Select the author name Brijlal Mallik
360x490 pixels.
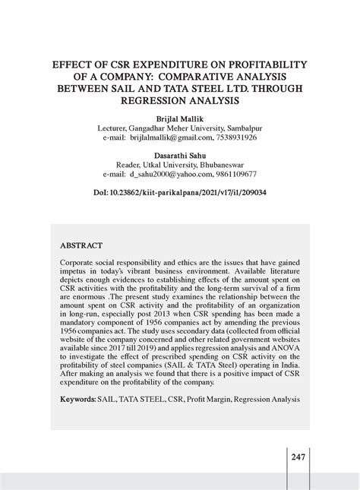tap(179, 119)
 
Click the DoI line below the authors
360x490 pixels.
tap(180, 193)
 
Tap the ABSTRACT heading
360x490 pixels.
tap(81, 246)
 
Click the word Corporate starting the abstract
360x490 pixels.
tap(77, 261)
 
